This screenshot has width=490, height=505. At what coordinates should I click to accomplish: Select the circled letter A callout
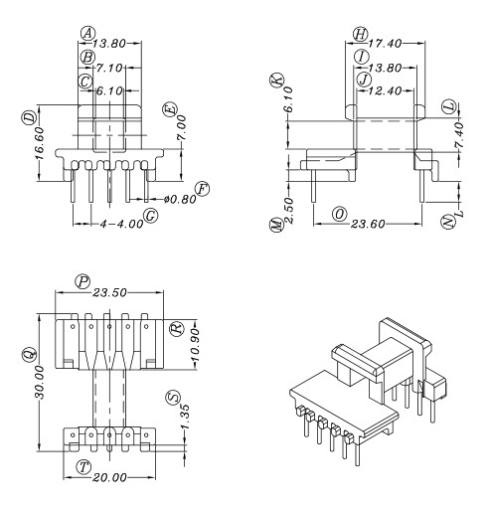pos(87,32)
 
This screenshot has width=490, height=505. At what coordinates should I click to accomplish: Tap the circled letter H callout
pos(360,34)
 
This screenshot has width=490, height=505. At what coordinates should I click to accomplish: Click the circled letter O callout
pos(340,213)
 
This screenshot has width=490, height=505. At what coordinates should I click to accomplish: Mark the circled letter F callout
pos(203,187)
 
